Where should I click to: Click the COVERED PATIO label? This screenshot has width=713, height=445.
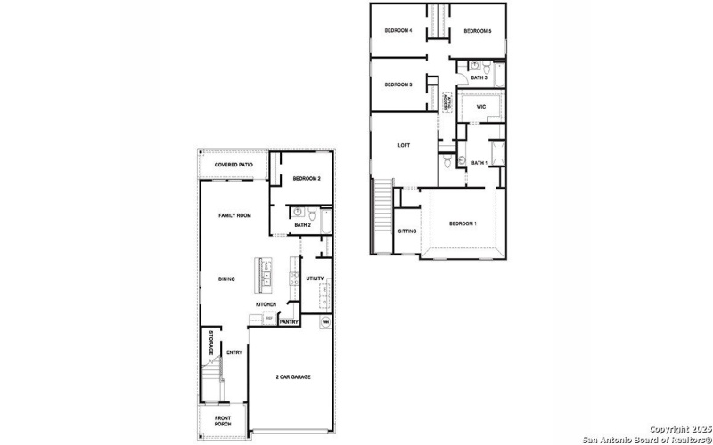click(234, 165)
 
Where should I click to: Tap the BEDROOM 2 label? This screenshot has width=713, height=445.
click(307, 179)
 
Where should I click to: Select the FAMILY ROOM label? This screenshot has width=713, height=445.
click(235, 215)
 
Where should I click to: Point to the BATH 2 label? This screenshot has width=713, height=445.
click(302, 225)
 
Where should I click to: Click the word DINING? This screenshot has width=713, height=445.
click(226, 279)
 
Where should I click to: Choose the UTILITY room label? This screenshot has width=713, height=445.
click(315, 279)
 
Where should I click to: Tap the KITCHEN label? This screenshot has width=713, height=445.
click(266, 304)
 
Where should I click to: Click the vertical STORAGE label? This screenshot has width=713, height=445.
click(210, 343)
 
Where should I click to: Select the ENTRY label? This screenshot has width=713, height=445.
click(234, 352)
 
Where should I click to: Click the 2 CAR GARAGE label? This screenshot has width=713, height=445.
click(293, 377)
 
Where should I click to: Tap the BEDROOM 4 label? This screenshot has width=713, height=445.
click(397, 30)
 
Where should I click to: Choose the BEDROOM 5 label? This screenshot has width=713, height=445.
click(477, 31)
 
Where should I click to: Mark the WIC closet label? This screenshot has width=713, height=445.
click(480, 106)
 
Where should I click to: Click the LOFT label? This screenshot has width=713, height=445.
click(403, 145)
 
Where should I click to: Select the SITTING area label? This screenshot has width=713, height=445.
click(406, 231)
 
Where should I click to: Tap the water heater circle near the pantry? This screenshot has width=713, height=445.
click(326, 321)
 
